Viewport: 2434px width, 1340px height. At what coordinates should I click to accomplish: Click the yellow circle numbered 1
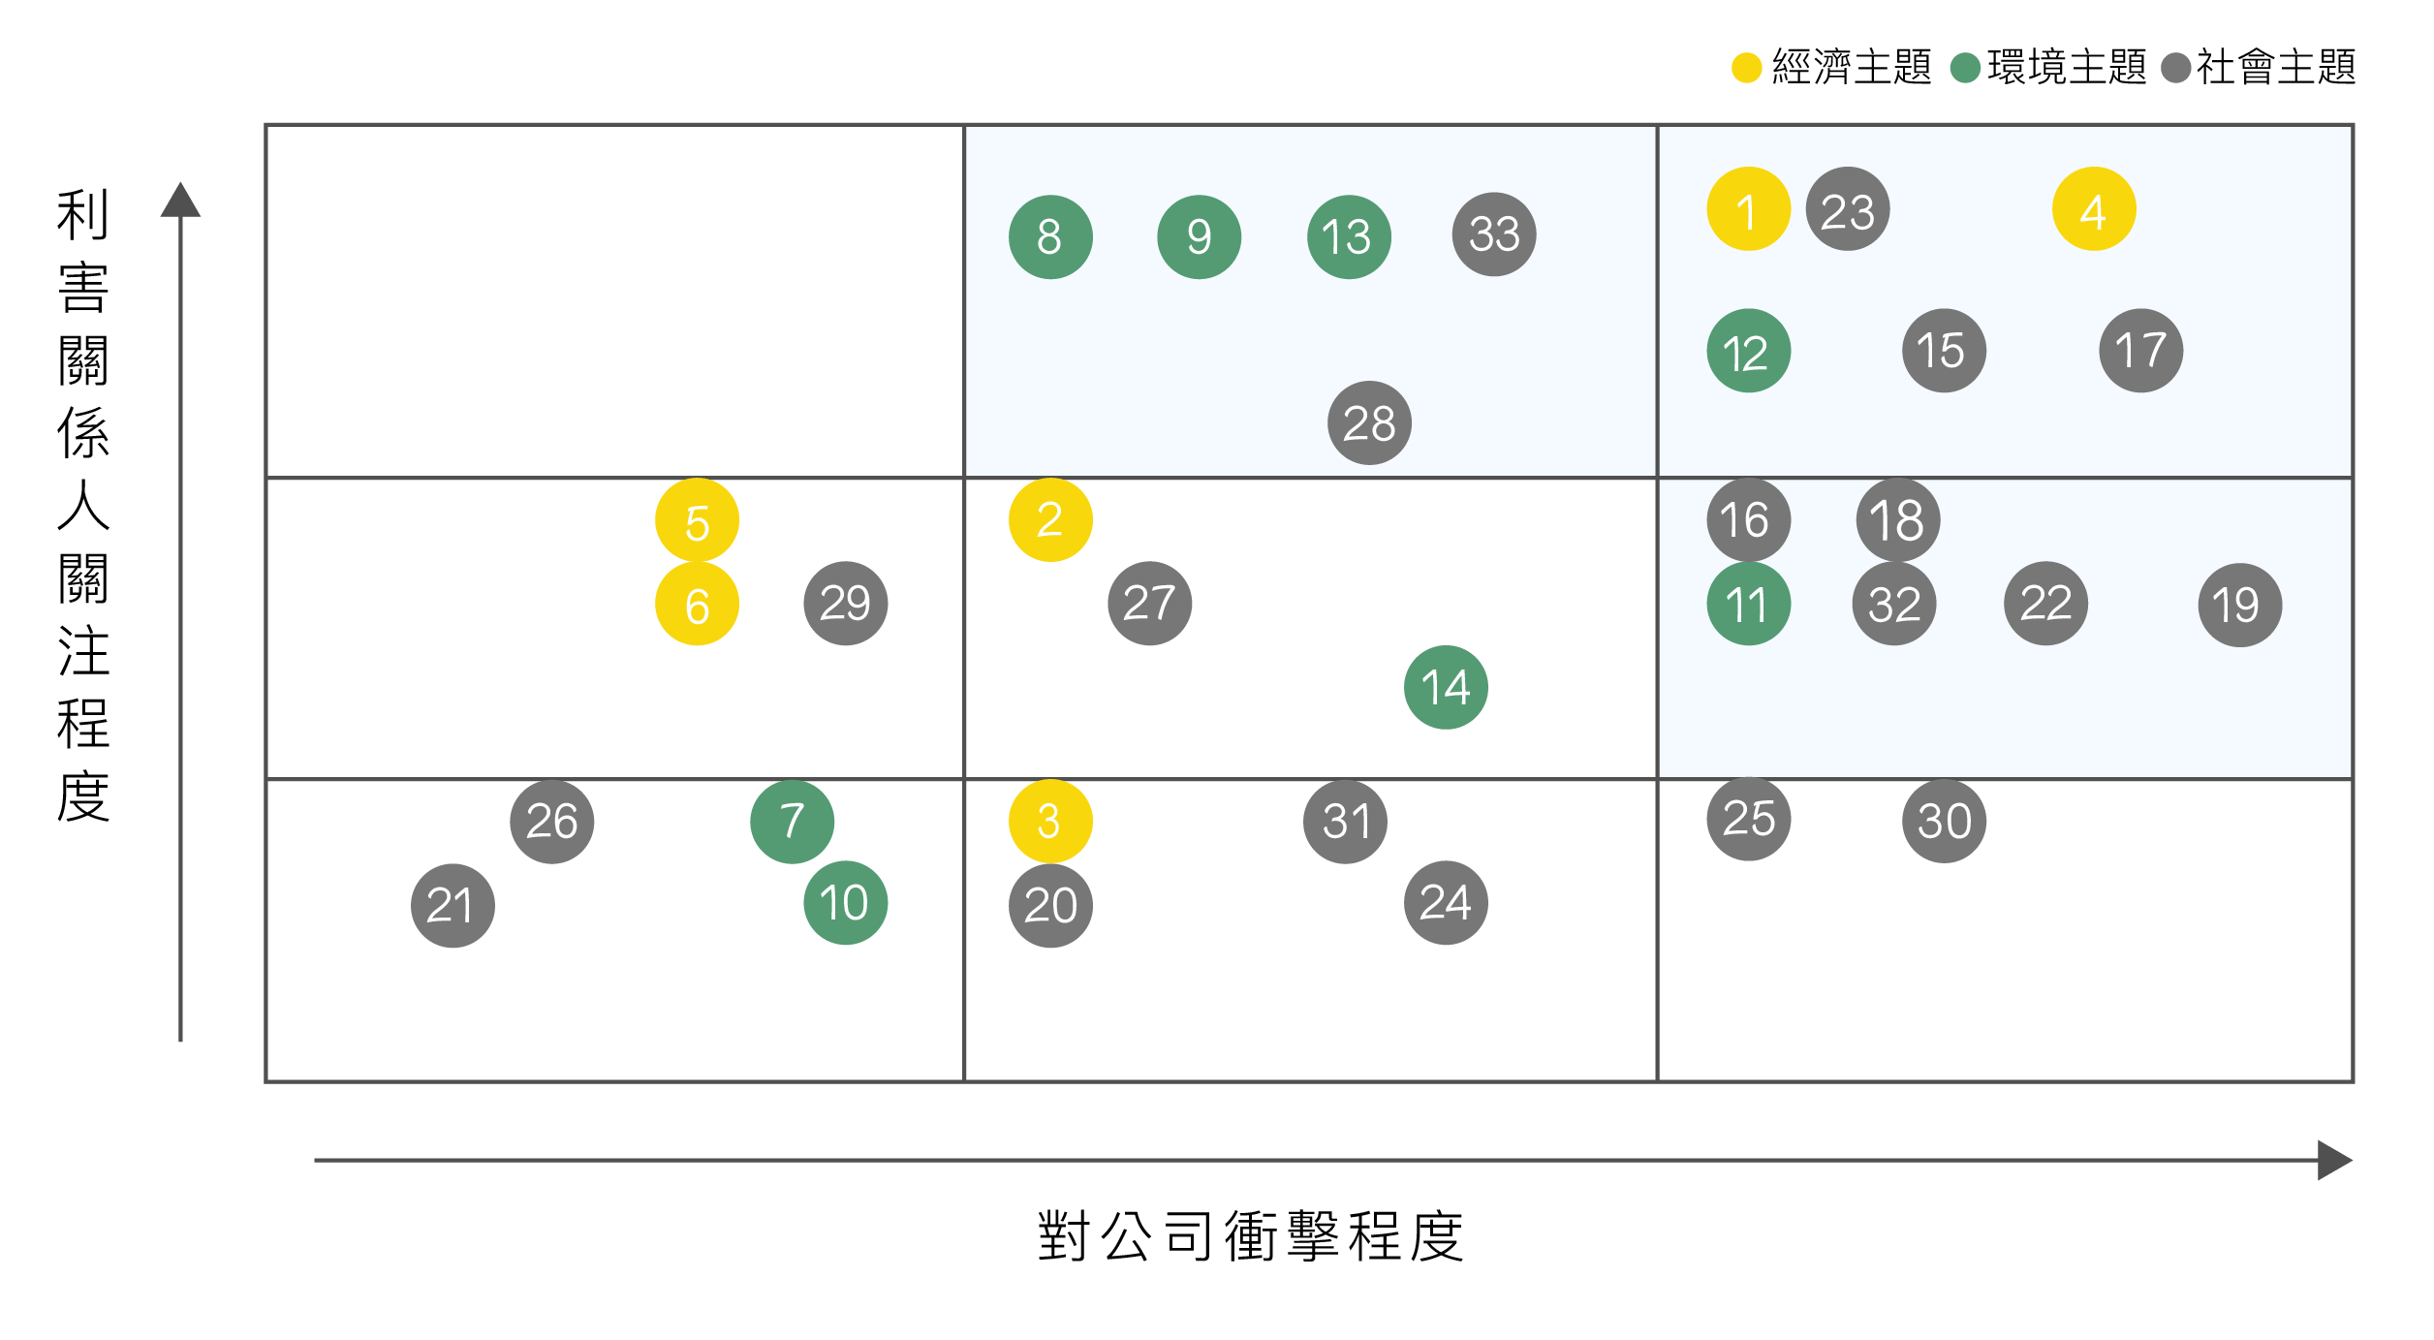click(x=1748, y=209)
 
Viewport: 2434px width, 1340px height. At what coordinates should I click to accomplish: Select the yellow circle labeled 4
click(x=2094, y=209)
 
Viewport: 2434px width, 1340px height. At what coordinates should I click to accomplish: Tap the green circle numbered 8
click(x=1050, y=237)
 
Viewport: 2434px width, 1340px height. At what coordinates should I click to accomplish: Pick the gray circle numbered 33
click(x=1494, y=234)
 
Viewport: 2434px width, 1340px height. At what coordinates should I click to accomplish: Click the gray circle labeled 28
click(x=1369, y=423)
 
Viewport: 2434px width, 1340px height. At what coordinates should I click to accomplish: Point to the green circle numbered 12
click(x=1748, y=351)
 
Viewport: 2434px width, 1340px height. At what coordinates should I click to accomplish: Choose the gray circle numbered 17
click(x=2141, y=351)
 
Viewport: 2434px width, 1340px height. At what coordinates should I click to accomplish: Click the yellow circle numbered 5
click(x=697, y=520)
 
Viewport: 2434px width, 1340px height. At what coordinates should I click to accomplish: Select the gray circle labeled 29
click(x=846, y=604)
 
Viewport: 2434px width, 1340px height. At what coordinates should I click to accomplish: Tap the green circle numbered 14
click(x=1446, y=688)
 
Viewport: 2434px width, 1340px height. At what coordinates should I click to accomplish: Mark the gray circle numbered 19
click(x=2240, y=606)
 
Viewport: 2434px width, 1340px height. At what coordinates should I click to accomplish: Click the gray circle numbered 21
click(x=452, y=906)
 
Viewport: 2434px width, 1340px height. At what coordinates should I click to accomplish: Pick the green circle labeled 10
click(x=846, y=903)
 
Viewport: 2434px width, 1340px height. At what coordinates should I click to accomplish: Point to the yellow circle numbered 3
click(x=1050, y=822)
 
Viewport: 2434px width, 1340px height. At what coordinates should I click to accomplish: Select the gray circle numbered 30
click(x=1945, y=822)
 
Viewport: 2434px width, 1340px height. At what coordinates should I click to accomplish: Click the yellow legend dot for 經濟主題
click(x=1746, y=68)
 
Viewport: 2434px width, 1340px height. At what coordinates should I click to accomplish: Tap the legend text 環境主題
click(x=2067, y=67)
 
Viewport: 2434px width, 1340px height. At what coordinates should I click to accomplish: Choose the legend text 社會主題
click(x=2276, y=67)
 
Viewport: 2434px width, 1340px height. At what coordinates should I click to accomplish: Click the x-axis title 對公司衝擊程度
click(x=1250, y=1237)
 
